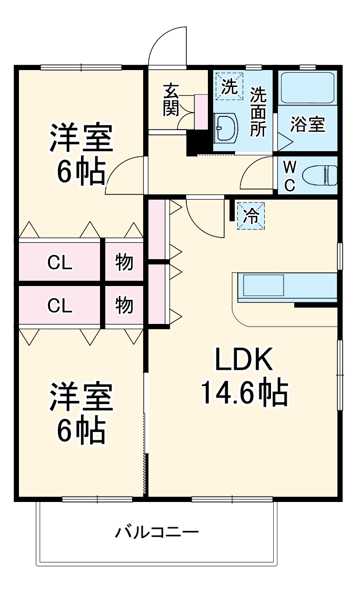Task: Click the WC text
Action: (289, 176)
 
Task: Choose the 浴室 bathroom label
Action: (308, 125)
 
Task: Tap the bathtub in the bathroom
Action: (307, 87)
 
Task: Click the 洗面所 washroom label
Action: (258, 112)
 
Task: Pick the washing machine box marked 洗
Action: (229, 86)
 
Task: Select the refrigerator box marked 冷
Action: (252, 215)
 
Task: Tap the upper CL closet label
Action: (59, 262)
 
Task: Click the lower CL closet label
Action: (59, 306)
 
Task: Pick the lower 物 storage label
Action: (124, 305)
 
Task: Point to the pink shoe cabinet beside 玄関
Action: (201, 112)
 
